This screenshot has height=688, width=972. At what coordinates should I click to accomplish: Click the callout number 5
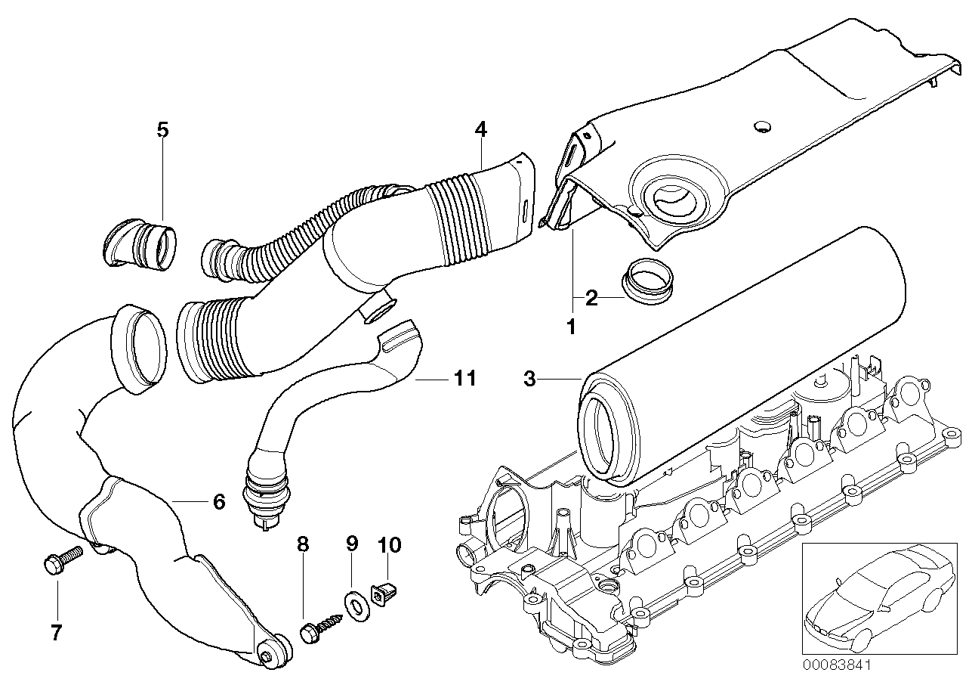click(x=162, y=129)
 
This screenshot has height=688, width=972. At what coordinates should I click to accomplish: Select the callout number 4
click(x=480, y=129)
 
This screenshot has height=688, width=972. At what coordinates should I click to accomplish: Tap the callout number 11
click(x=465, y=377)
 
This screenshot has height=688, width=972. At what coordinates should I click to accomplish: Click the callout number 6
click(x=219, y=501)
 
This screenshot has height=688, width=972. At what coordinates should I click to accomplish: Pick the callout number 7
click(x=57, y=632)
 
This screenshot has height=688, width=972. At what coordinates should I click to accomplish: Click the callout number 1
click(x=571, y=327)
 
